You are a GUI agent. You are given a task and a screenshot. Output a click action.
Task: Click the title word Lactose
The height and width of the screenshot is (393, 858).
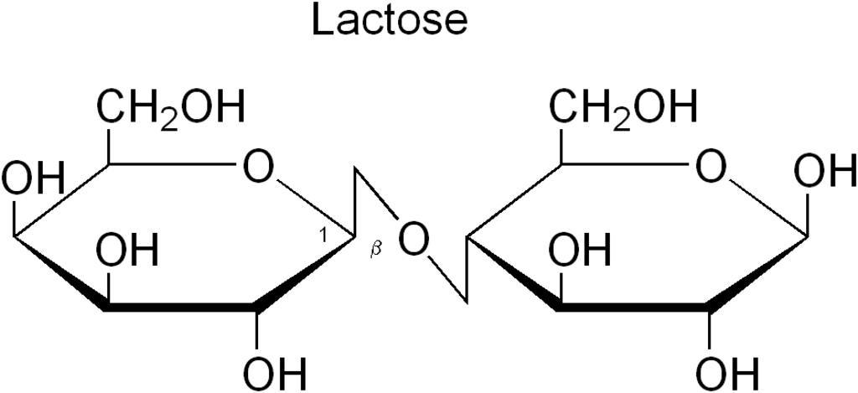pos(389,20)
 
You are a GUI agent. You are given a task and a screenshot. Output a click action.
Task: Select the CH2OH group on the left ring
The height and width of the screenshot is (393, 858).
pos(171,108)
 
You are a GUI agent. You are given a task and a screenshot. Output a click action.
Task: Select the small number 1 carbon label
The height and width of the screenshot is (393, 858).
pos(323,235)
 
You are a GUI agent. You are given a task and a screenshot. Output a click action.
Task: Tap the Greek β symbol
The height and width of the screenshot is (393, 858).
pos(375,251)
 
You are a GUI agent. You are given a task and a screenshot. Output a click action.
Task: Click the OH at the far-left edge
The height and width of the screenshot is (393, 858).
pos(32,178)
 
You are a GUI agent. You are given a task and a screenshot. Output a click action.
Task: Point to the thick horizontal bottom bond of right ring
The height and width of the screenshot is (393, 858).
pos(633,310)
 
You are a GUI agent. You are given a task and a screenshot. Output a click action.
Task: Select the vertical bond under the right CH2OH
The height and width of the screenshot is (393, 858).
pos(558,142)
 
